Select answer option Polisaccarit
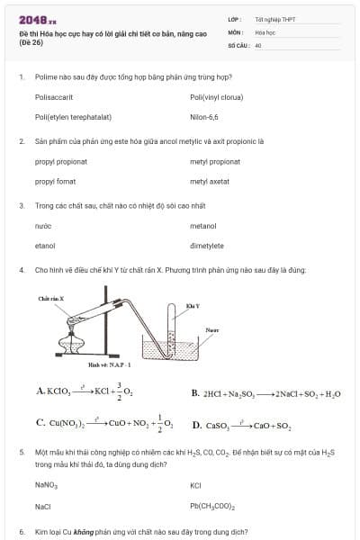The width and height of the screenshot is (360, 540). (x=54, y=96)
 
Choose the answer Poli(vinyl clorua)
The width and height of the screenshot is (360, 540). (x=216, y=96)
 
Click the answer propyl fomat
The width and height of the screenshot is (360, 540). (x=55, y=182)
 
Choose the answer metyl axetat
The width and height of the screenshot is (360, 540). (x=210, y=182)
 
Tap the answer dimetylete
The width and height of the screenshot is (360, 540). (x=207, y=246)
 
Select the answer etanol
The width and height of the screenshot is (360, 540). (x=45, y=246)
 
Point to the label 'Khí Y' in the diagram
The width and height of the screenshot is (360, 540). (x=192, y=306)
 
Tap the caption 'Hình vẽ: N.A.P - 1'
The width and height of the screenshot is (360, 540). (x=110, y=364)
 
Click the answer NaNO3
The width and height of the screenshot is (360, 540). (x=46, y=485)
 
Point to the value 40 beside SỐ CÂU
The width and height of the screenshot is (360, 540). (x=258, y=44)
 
